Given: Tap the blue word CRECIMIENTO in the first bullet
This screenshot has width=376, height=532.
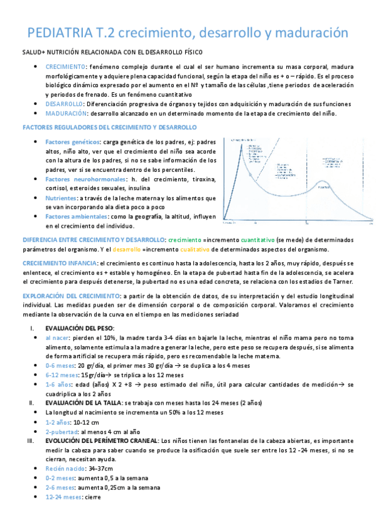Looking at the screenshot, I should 66,66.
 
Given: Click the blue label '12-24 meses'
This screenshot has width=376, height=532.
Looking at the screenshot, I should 64,496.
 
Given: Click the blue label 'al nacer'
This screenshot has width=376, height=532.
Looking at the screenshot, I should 58,337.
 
